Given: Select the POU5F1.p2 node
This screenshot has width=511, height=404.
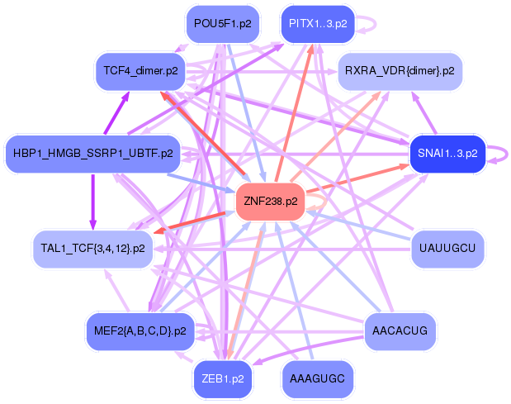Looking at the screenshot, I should pyautogui.click(x=222, y=23).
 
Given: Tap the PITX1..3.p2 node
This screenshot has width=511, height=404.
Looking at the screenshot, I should pyautogui.click(x=318, y=23).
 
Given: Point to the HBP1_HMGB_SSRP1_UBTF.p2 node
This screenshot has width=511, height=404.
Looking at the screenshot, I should pyautogui.click(x=92, y=153).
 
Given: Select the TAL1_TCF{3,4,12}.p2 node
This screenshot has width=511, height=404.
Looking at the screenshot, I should pyautogui.click(x=92, y=247).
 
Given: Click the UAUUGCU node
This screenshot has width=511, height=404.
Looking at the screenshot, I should pyautogui.click(x=447, y=247).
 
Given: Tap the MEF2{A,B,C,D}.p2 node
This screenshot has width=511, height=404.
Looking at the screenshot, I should pyautogui.click(x=140, y=331).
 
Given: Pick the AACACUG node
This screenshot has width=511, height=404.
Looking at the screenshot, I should pyautogui.click(x=400, y=331).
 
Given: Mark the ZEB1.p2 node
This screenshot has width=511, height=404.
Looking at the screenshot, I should pyautogui.click(x=223, y=379).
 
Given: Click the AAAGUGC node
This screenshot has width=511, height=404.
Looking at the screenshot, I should pyautogui.click(x=318, y=379).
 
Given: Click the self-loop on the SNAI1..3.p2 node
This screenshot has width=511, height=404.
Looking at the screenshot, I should pyautogui.click(x=498, y=153).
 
